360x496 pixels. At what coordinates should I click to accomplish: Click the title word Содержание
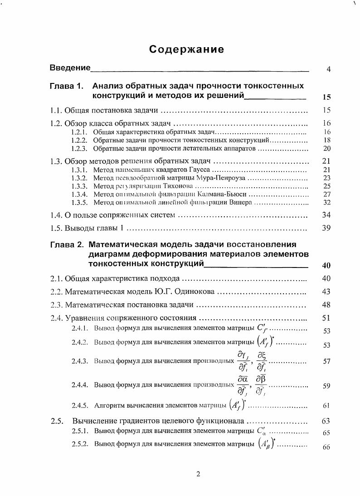point(186,49)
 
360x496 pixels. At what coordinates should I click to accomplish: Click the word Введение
point(70,68)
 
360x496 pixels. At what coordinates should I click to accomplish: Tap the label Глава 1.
point(67,86)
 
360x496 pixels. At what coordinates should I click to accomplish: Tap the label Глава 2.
point(67,245)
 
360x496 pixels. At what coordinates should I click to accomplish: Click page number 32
point(326,202)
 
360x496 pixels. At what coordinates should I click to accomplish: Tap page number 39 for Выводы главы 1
point(326,228)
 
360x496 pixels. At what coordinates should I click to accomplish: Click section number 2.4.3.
point(80,361)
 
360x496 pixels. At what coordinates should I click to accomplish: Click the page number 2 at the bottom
point(198,474)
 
